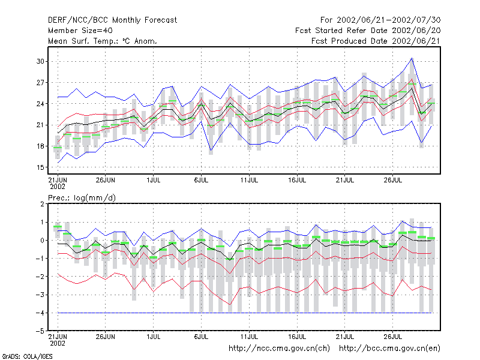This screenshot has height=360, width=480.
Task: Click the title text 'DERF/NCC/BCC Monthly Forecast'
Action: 112,20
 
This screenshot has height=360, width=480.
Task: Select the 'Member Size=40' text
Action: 80,31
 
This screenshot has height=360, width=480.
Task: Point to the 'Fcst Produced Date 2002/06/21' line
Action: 376,41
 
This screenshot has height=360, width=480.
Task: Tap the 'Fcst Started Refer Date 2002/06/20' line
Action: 368,31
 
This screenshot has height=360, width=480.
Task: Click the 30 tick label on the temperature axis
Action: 40,61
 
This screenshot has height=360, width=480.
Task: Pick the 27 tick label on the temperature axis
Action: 40,83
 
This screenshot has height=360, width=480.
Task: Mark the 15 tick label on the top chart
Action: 40,167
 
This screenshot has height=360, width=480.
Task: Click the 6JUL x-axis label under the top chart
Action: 201,180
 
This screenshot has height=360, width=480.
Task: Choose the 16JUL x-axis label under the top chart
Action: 297,180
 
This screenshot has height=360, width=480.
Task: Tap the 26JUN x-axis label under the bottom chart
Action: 106,337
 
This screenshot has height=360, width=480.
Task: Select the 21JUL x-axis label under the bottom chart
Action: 344,337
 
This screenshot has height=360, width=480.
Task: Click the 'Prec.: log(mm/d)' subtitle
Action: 82,198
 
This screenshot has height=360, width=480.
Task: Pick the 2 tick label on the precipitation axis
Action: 42,204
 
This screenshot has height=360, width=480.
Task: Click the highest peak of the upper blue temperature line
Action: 412,58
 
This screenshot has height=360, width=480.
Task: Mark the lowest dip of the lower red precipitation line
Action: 230,304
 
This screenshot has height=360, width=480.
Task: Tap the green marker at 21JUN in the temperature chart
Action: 58,148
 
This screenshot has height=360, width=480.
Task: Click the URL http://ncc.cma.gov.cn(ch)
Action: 279,349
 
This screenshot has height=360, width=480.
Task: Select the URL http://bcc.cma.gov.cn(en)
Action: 389,349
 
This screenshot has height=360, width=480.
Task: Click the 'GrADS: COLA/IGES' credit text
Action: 28,356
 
